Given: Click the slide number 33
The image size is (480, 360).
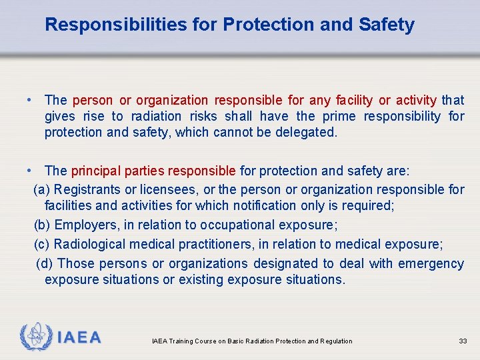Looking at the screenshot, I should (463, 341).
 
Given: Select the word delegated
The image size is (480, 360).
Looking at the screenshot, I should (306, 132).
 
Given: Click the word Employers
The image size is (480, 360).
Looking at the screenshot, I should (85, 225).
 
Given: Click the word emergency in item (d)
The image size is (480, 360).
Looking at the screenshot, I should (431, 263).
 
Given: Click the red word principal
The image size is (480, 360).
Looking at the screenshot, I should (94, 171).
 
